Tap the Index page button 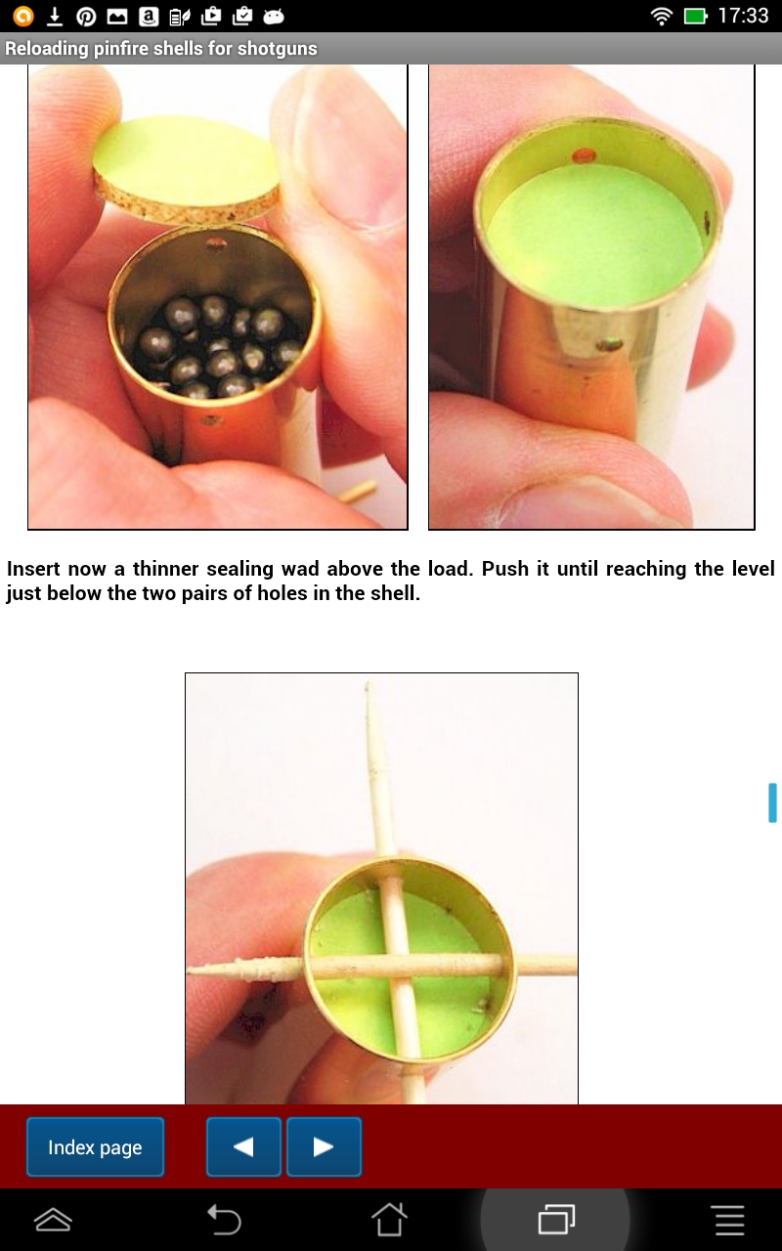(95, 1147)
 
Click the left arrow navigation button (243, 1147)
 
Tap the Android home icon (389, 1220)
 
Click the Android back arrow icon (224, 1220)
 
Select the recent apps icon (555, 1220)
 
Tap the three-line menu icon (729, 1220)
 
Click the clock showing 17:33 (743, 16)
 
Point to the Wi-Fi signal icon (662, 16)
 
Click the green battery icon (695, 16)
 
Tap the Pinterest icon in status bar (86, 16)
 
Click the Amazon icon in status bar (148, 16)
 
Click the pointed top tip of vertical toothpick (368, 688)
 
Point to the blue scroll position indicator (772, 802)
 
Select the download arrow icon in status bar (55, 16)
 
